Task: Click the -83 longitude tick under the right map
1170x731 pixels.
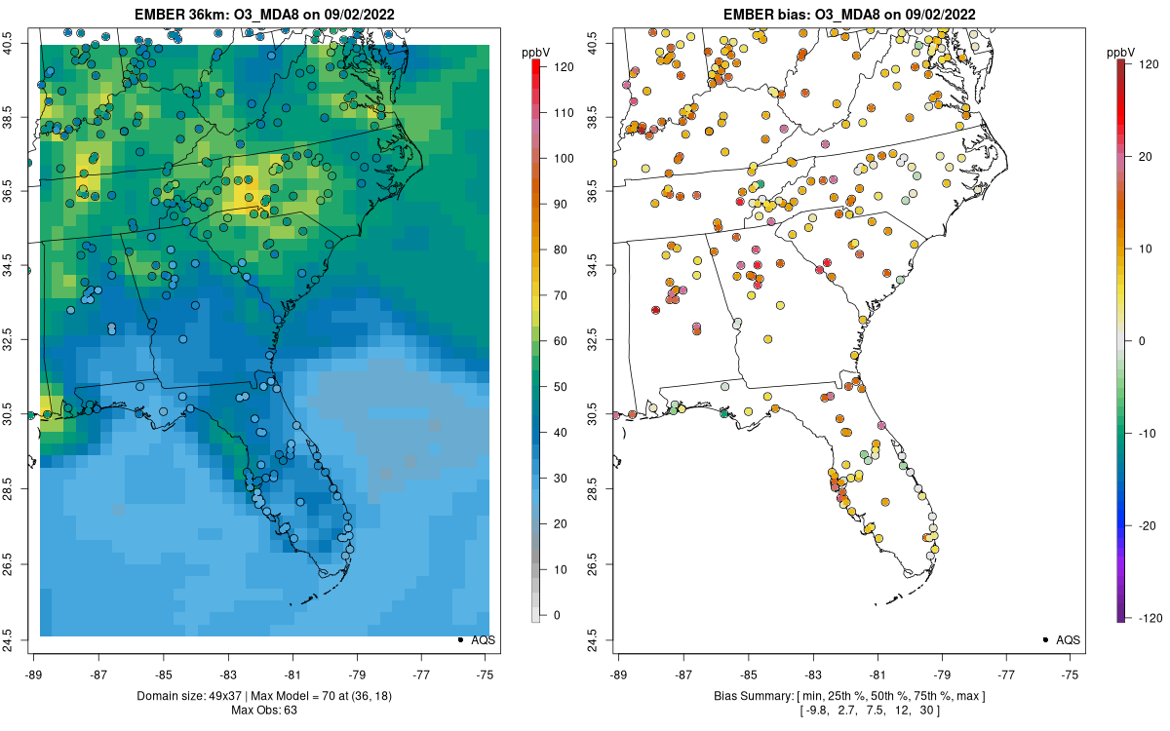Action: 813,673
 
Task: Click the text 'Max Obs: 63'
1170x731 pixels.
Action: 264,710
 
